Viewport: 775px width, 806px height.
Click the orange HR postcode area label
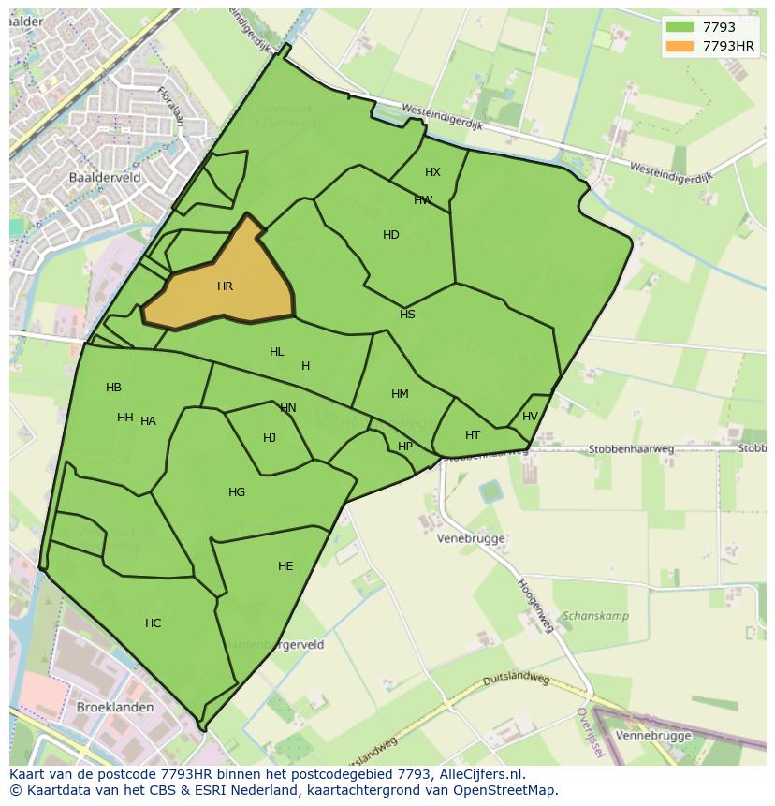coord(225,286)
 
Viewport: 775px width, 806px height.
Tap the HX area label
coord(432,172)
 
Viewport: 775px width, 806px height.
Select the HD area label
coord(391,235)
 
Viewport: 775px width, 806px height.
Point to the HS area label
coord(407,315)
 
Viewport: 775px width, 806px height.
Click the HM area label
coord(400,394)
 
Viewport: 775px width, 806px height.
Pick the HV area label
coord(530,417)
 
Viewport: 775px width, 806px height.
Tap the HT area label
coord(473,435)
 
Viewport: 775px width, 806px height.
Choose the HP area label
coord(405,447)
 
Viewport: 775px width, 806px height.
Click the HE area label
coord(285,566)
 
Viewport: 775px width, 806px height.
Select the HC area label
coord(153,623)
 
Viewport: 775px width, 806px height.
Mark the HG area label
coord(237,492)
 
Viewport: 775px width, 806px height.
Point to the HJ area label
coord(270,438)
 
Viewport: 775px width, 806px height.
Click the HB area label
coord(113,388)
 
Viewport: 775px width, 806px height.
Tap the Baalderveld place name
coord(104,176)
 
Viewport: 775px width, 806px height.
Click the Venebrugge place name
coord(472,538)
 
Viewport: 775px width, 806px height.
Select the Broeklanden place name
coord(115,707)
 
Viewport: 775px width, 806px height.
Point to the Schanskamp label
coord(595,616)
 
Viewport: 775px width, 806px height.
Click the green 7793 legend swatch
coord(680,27)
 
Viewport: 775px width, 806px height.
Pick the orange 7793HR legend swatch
coord(680,46)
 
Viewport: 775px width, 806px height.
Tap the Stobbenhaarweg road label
coord(631,449)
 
